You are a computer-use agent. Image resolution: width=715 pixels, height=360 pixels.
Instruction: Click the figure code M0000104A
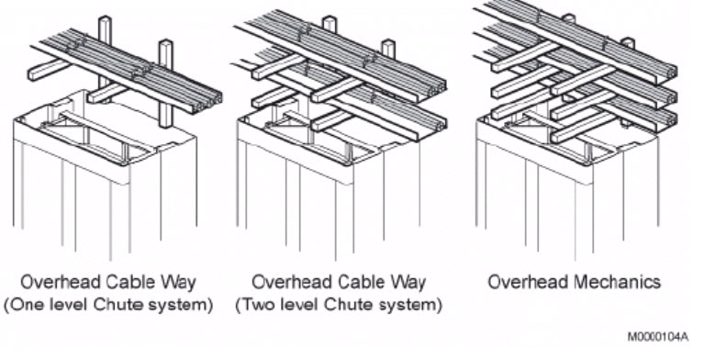(x=658, y=337)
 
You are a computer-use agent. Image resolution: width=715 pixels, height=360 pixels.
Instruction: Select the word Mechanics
(x=617, y=282)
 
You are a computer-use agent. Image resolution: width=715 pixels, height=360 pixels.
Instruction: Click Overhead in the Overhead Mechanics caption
(x=529, y=282)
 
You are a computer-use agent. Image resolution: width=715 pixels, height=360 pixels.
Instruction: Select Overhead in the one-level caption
(x=61, y=282)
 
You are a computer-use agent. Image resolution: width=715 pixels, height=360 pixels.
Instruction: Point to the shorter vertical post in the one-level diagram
(x=165, y=84)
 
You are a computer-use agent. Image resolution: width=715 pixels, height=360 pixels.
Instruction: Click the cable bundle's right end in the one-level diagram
(x=210, y=102)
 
